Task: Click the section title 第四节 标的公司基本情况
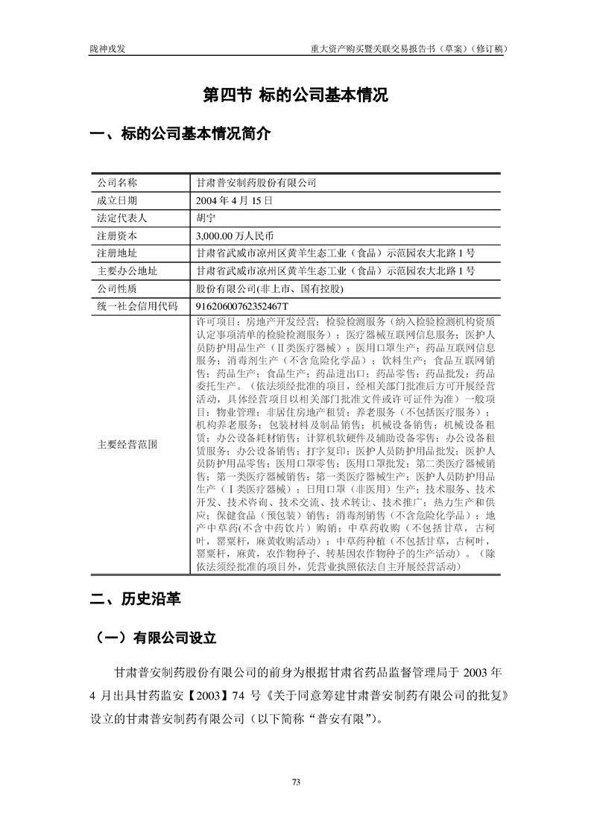296,95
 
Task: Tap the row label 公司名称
118,183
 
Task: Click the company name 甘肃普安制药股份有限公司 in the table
256,183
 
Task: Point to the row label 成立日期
118,200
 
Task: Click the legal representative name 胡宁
205,218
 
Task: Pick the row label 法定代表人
122,218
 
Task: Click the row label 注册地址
118,253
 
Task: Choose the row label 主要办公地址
122,270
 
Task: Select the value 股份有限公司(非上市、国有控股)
269,288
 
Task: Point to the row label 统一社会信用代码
137,306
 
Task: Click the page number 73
296,782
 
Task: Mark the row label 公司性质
118,288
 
